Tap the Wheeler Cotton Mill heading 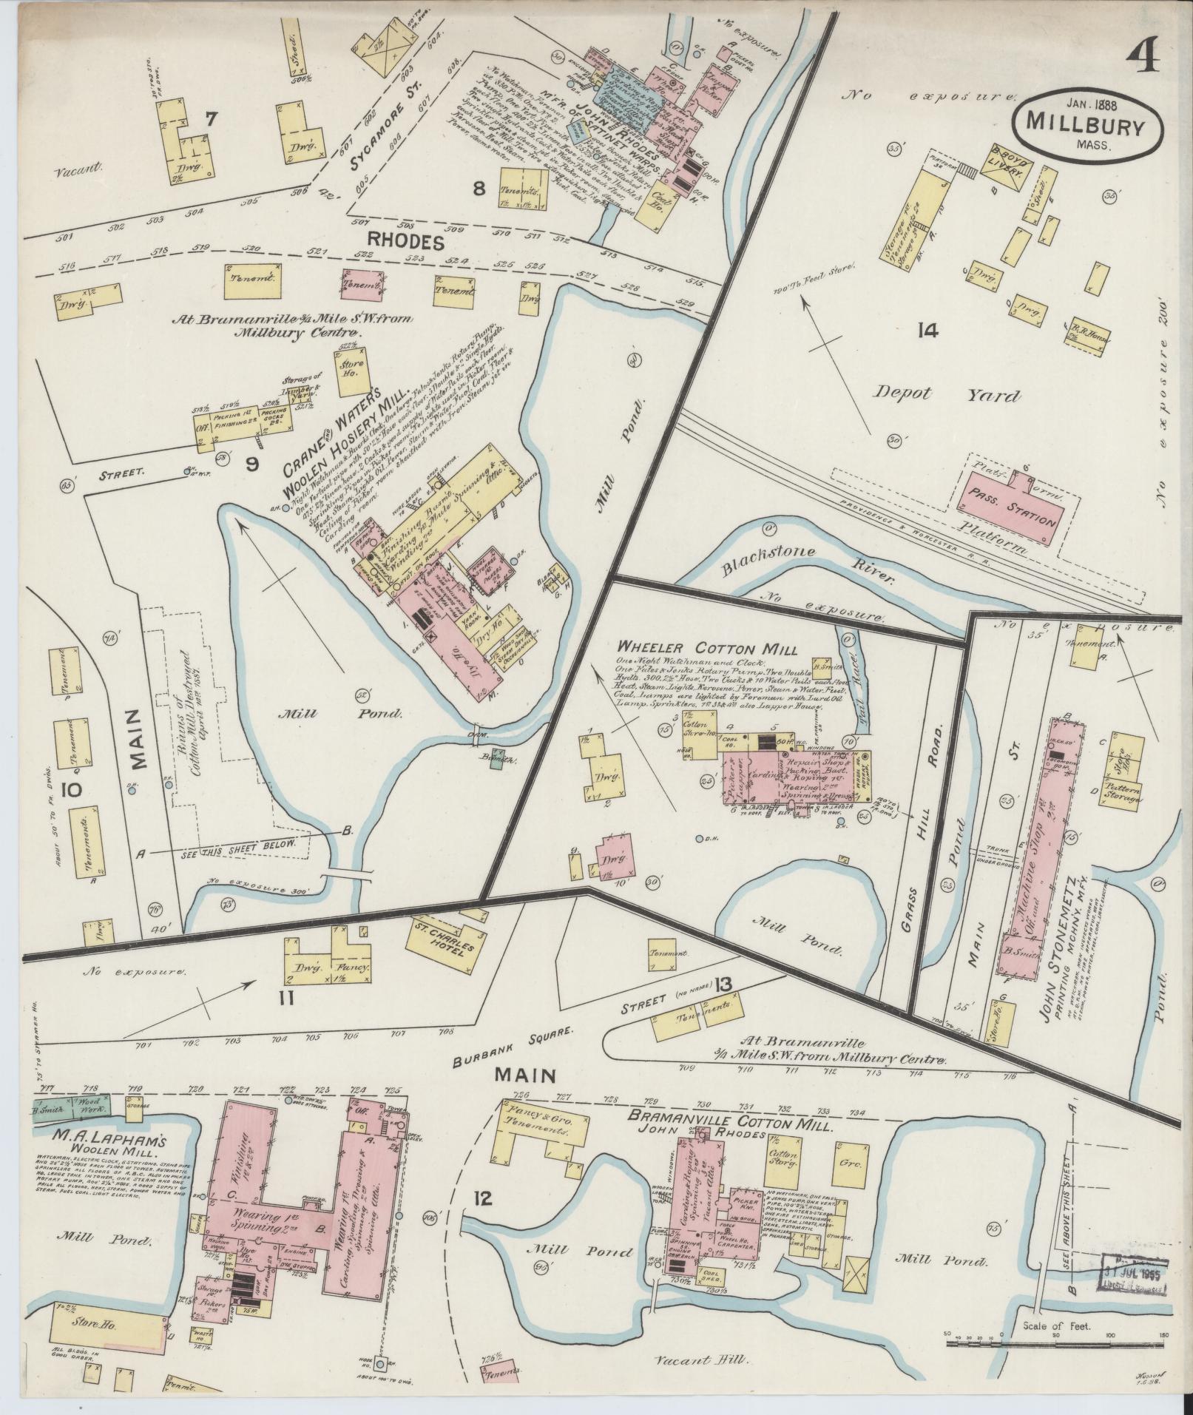coord(708,649)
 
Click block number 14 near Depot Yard coord(926,330)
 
